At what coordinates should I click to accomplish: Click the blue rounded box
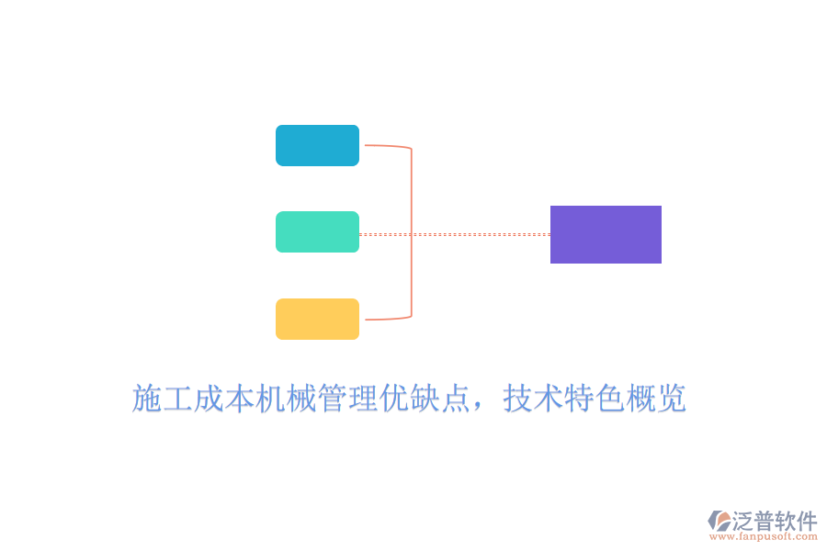[x=318, y=145]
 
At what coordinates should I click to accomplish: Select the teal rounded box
[x=318, y=232]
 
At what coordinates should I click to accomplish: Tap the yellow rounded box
[x=318, y=319]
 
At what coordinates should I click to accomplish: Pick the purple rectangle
[x=606, y=235]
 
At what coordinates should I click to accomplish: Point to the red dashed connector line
[x=455, y=235]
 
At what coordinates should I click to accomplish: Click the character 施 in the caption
[x=147, y=398]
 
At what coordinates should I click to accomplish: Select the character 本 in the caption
[x=240, y=398]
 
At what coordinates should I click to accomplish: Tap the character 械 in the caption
[x=302, y=398]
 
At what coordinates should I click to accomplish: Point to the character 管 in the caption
[x=333, y=398]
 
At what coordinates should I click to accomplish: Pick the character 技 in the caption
[x=518, y=398]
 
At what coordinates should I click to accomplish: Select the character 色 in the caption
[x=611, y=398]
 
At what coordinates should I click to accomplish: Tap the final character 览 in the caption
[x=671, y=398]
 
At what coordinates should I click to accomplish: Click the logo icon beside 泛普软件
[x=719, y=521]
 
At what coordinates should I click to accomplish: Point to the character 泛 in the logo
[x=742, y=521]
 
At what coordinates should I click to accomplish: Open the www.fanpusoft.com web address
[x=764, y=536]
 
